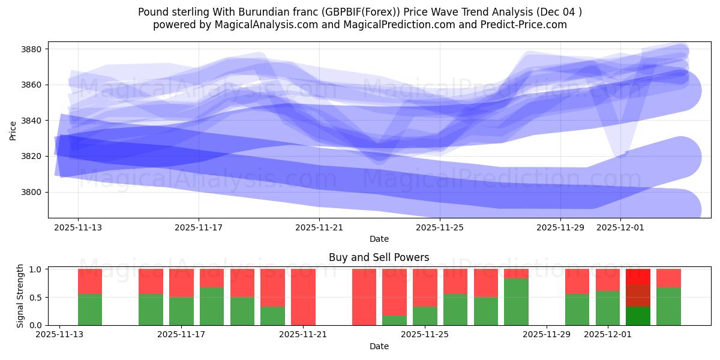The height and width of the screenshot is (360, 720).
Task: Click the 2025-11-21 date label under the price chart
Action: click(x=319, y=227)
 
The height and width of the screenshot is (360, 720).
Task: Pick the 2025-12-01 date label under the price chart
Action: click(x=620, y=227)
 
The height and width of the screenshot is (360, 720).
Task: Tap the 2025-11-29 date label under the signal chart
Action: click(x=547, y=335)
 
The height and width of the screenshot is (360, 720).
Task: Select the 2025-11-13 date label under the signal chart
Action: click(x=59, y=335)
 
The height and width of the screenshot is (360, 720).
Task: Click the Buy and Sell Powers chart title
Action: click(x=379, y=257)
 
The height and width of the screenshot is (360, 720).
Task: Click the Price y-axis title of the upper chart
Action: click(x=13, y=130)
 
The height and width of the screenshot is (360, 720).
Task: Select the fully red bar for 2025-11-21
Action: click(x=303, y=297)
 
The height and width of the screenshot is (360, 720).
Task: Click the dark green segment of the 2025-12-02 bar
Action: click(x=638, y=316)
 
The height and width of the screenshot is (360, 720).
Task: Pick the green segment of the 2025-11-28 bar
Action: click(x=516, y=302)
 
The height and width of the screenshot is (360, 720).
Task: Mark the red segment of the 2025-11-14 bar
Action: click(x=90, y=281)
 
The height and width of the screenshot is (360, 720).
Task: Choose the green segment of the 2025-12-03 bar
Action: click(x=668, y=306)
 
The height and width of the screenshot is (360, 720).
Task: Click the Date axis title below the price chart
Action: click(x=379, y=239)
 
